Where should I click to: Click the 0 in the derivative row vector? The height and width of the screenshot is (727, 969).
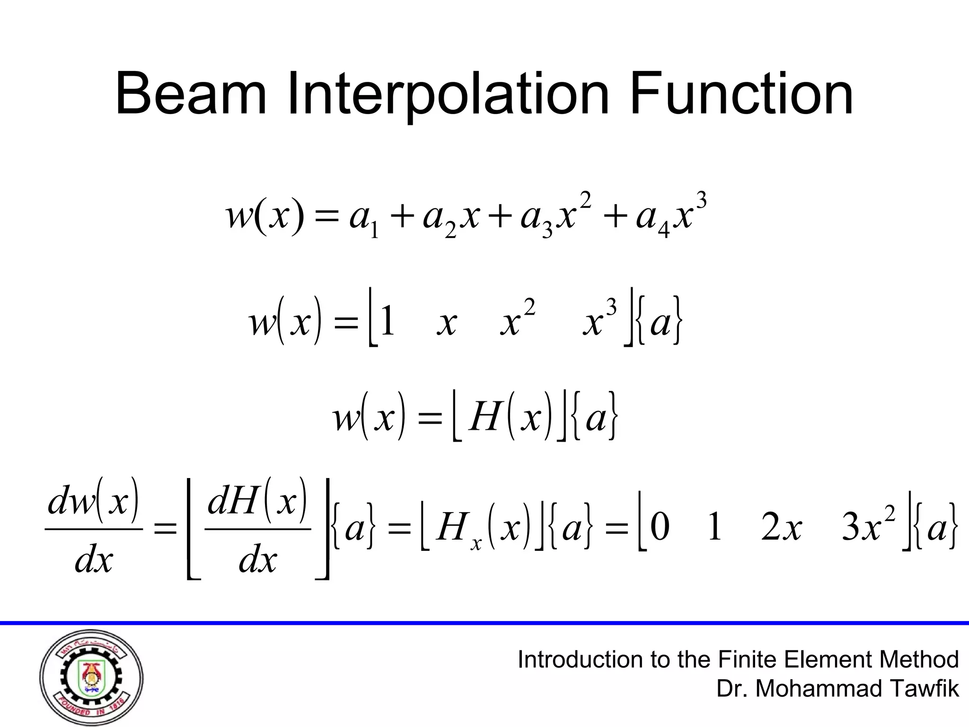[660, 528]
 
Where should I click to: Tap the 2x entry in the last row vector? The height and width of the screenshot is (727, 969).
[781, 528]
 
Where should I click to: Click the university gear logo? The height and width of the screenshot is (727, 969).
[91, 677]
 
